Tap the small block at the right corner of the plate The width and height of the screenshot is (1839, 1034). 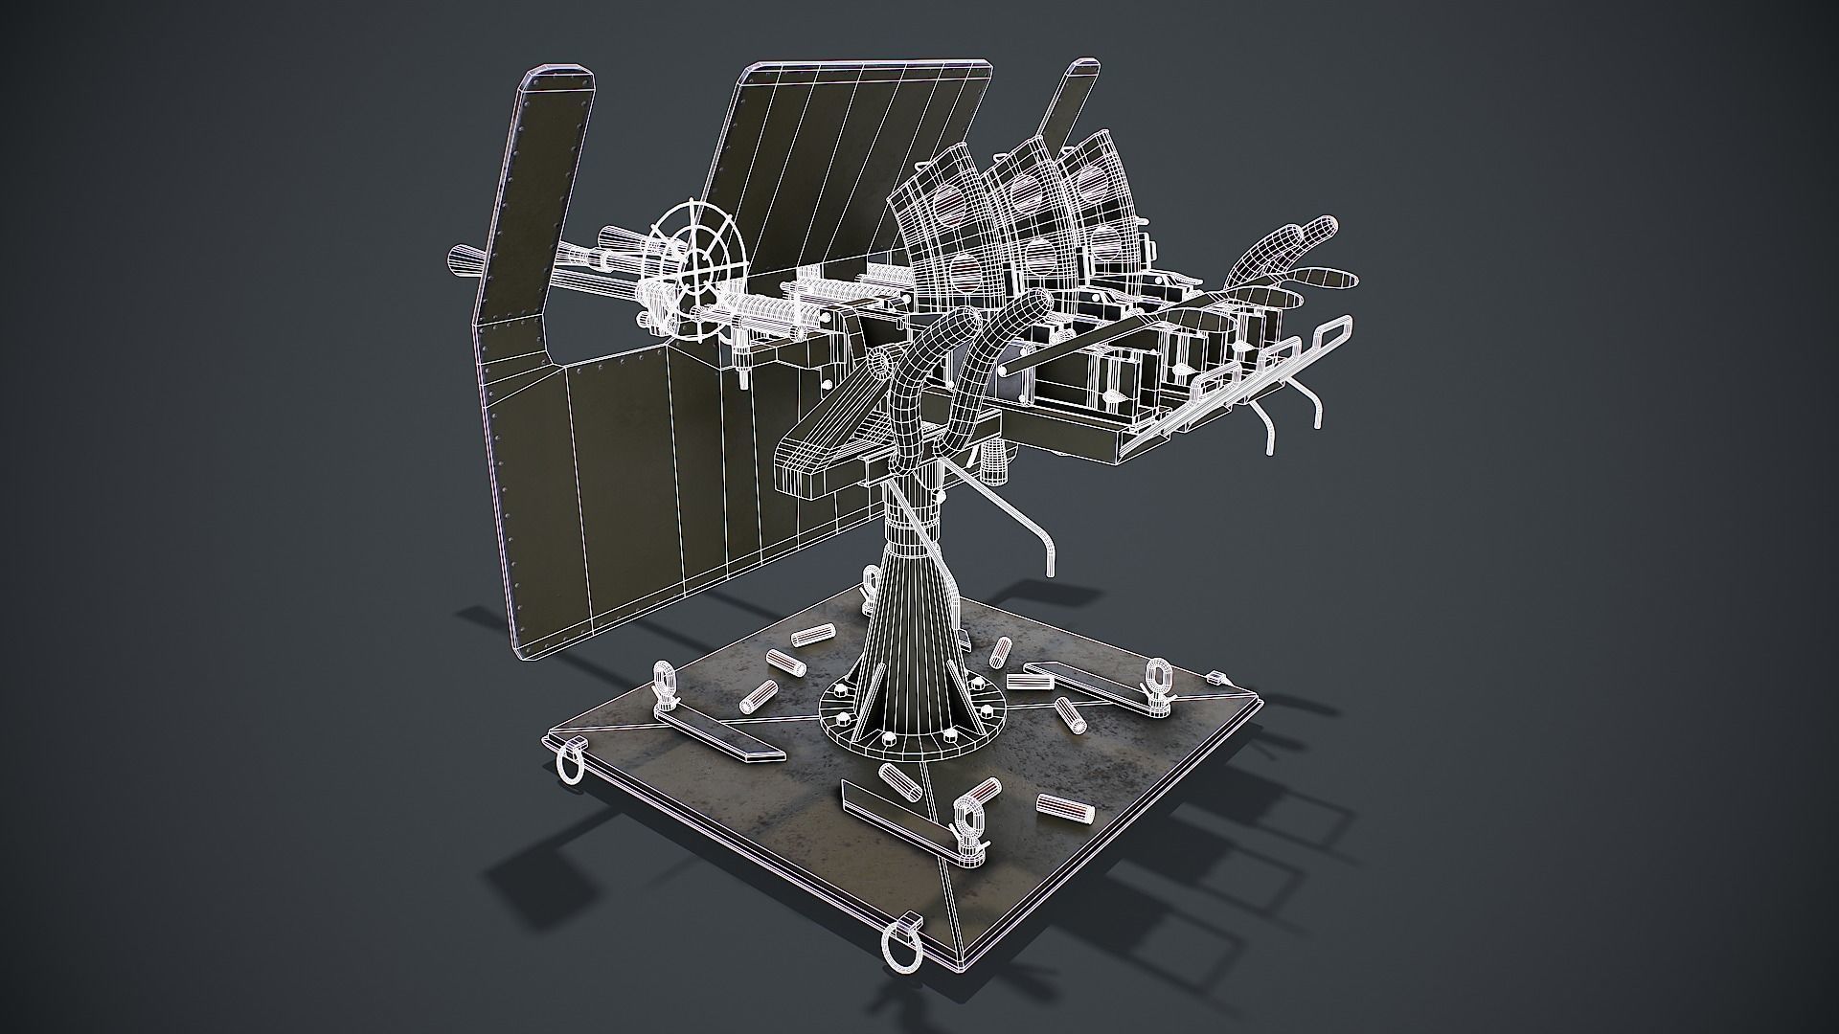point(1217,678)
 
